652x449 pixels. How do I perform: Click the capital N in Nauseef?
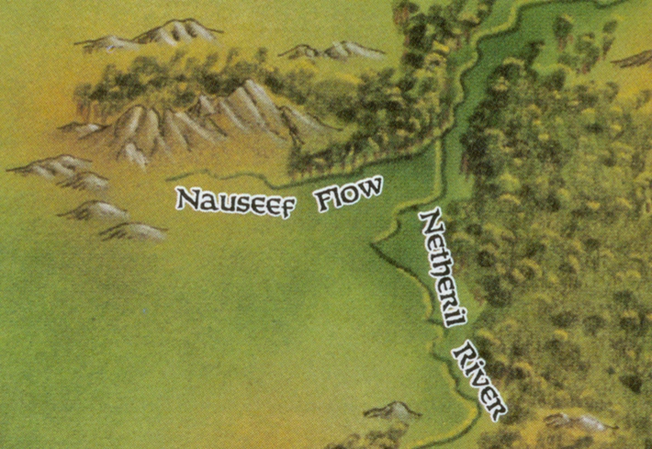coord(186,198)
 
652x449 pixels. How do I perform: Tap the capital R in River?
coord(462,353)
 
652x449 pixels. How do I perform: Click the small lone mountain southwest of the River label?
coord(392,410)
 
